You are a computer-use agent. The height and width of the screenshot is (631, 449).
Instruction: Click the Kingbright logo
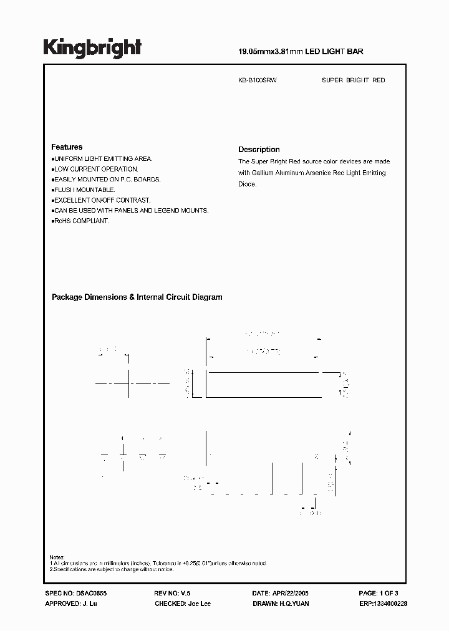[x=92, y=47]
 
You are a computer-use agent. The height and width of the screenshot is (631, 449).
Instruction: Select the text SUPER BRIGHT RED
[x=353, y=80]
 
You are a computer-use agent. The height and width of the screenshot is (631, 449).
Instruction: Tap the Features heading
[x=67, y=147]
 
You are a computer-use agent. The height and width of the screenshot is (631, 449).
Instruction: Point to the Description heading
[x=259, y=150]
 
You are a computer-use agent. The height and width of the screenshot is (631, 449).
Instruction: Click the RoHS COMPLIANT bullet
[x=80, y=221]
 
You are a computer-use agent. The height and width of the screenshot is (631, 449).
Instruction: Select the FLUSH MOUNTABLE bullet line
[x=84, y=190]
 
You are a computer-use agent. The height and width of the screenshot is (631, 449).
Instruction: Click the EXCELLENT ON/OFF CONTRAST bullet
[x=102, y=200]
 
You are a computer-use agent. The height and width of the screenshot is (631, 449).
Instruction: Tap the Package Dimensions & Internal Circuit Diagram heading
[x=137, y=297]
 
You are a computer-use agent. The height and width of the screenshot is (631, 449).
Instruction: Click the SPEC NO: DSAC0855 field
[x=72, y=595]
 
